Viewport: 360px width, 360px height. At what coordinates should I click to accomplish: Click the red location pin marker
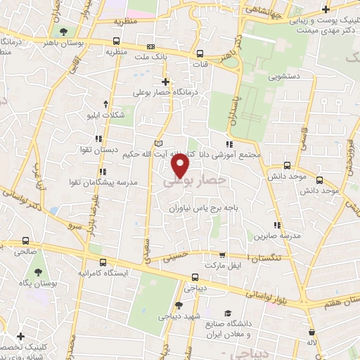(181, 167)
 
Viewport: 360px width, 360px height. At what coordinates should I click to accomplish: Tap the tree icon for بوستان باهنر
(64, 32)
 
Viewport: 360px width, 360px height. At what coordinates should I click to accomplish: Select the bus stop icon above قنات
(200, 53)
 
